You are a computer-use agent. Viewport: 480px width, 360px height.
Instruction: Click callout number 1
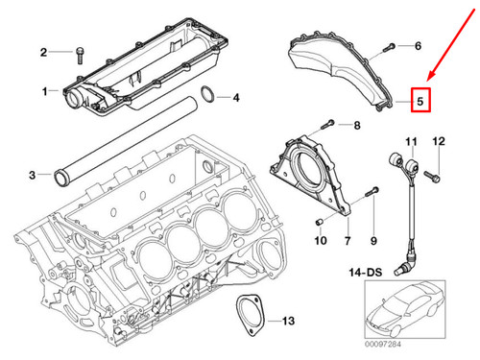(44, 90)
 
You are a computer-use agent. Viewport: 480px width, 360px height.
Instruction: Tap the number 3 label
(32, 175)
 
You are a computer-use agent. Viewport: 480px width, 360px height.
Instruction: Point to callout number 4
(236, 97)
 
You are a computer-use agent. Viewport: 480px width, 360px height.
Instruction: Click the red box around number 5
(420, 98)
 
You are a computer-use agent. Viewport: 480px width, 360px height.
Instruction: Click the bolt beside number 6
(390, 46)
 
